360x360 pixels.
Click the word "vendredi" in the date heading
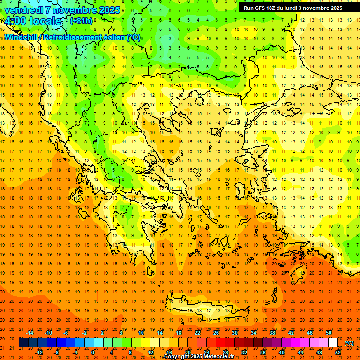click(23, 9)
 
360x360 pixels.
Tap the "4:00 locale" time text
click(33, 22)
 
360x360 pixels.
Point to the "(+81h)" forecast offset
click(81, 21)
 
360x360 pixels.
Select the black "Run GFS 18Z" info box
click(293, 8)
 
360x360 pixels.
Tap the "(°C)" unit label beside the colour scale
click(349, 343)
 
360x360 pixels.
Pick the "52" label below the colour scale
click(338, 352)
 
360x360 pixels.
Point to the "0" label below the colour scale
click(92, 352)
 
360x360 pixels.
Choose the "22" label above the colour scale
click(197, 333)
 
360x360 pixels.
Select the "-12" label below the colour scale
click(39, 352)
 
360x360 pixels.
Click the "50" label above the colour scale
click(328, 333)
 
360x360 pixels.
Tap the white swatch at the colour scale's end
click(333, 343)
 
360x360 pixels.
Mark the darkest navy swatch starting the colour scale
click(23, 343)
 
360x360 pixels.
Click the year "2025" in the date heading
click(109, 9)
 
